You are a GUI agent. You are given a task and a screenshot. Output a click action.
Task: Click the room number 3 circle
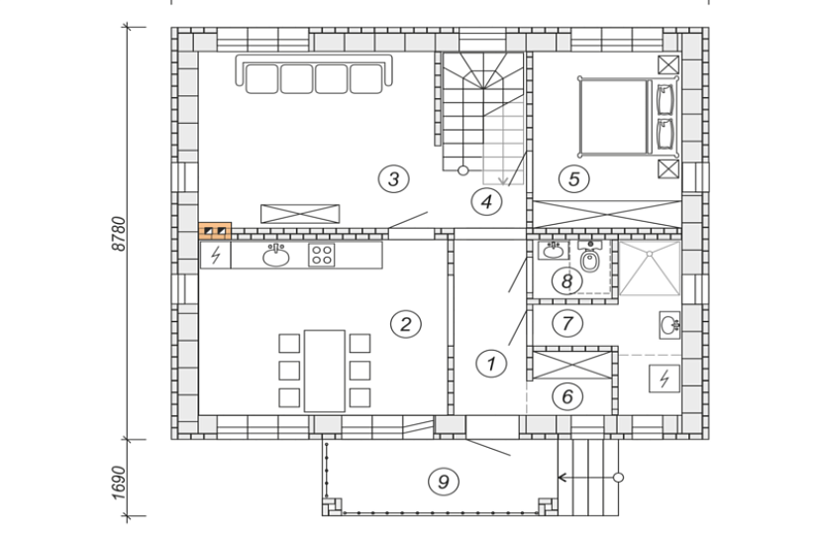tap(393, 179)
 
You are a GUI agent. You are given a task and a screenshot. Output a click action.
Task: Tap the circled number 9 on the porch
tap(444, 482)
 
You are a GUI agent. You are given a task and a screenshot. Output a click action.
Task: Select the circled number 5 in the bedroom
tap(573, 179)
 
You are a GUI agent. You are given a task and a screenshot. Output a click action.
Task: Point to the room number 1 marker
tap(491, 363)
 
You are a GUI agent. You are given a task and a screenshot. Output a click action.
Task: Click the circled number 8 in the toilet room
tap(566, 281)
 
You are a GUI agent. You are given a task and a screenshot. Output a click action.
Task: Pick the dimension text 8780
tap(119, 233)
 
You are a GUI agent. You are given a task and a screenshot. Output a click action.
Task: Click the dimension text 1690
tap(119, 482)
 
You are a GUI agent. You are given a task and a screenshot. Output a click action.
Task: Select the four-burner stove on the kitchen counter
tap(321, 255)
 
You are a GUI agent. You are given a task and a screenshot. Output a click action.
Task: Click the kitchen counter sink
tap(276, 255)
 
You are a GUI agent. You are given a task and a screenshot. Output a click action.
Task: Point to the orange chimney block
tap(215, 231)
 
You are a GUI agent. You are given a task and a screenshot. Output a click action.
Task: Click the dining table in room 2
tap(325, 371)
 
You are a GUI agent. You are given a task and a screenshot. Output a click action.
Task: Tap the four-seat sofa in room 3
tap(314, 74)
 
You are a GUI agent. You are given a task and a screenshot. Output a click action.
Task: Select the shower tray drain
tap(650, 254)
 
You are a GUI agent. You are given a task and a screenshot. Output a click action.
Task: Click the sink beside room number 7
tap(669, 325)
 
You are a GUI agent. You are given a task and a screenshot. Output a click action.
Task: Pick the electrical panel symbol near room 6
tap(664, 379)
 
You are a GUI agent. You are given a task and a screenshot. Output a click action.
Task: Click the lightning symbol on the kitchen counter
tap(215, 255)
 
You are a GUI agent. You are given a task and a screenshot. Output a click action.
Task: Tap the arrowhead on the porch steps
tap(562, 478)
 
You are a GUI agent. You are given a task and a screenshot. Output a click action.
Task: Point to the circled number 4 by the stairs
tap(486, 202)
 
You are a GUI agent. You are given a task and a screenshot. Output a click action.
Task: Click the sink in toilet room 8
tap(553, 251)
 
